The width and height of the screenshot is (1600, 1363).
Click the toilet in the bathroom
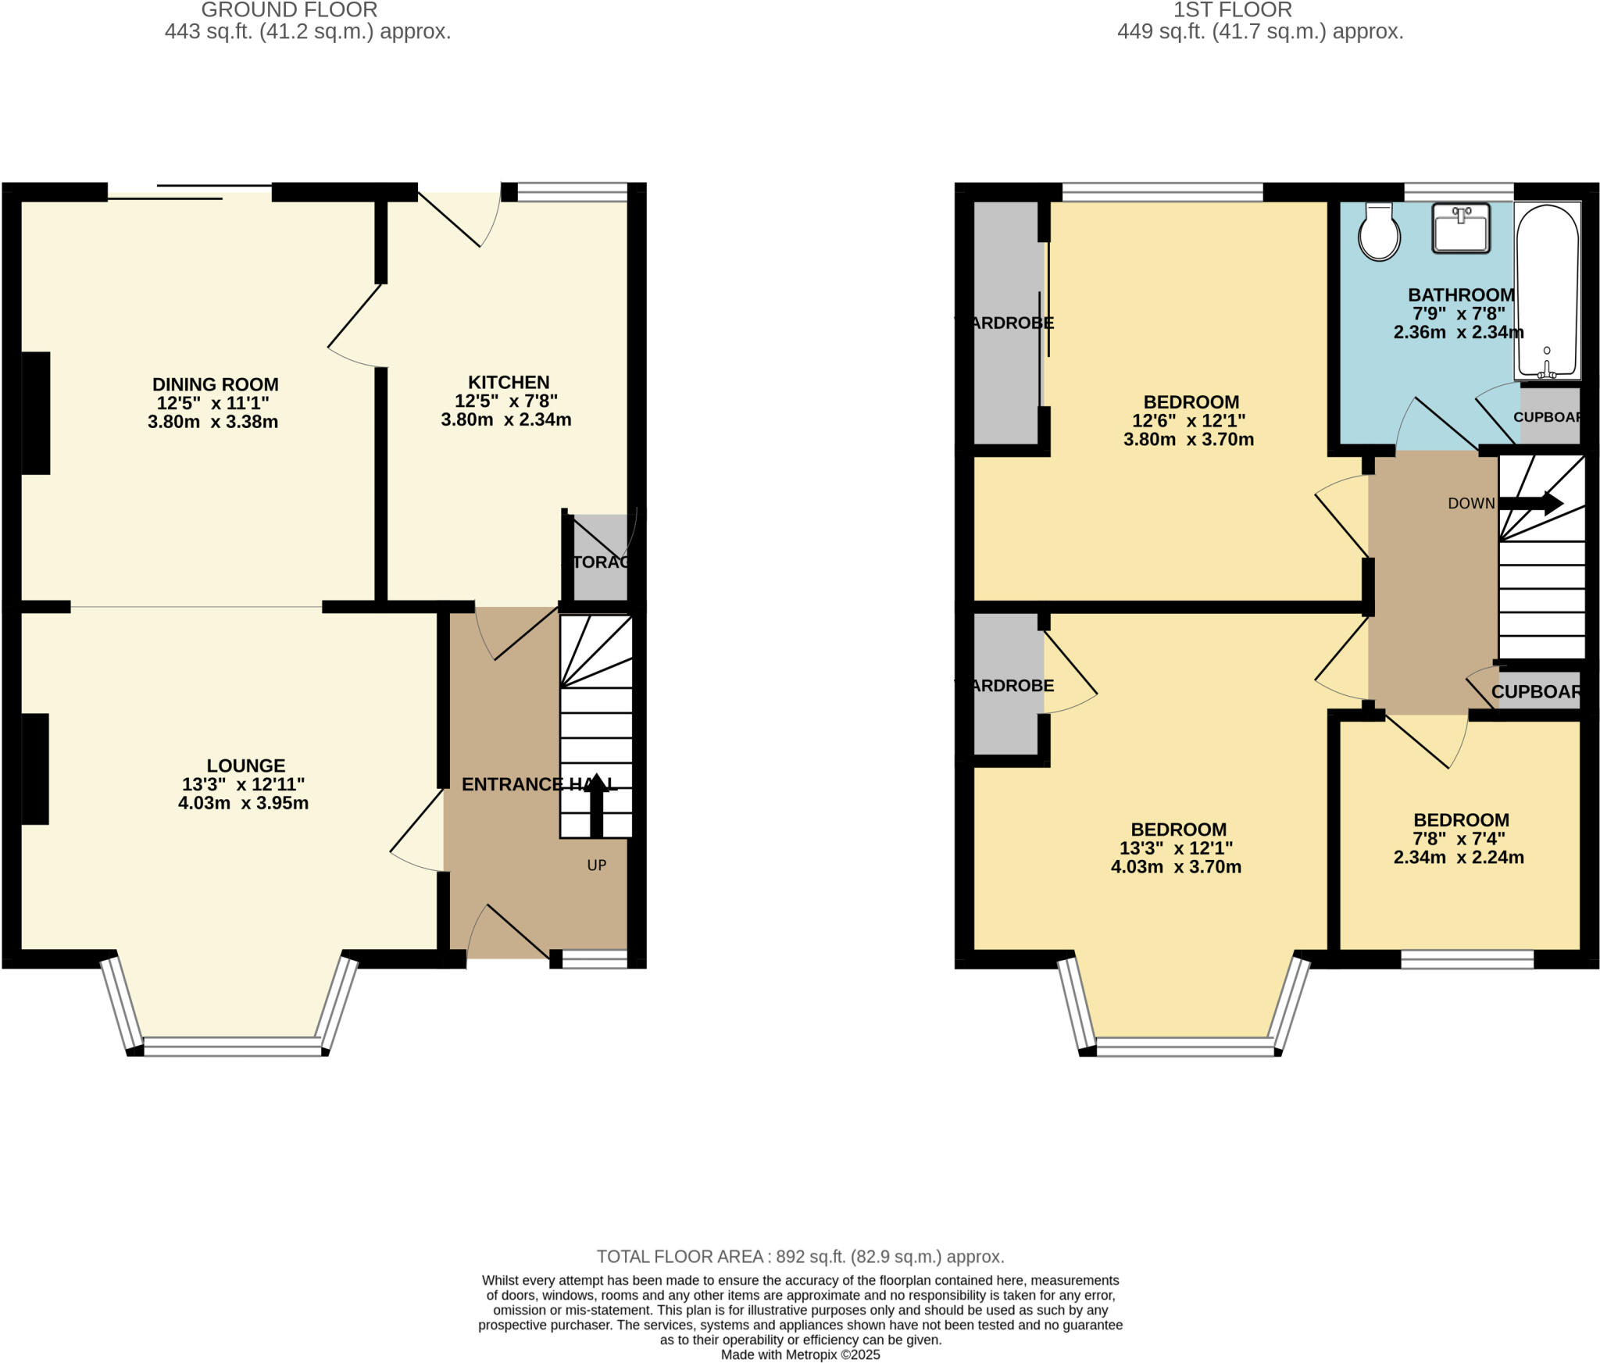(x=1378, y=232)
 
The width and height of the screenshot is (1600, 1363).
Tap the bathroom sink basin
(x=1460, y=229)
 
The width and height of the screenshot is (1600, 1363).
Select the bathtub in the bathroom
(x=1547, y=289)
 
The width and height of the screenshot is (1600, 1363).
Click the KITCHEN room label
(x=509, y=382)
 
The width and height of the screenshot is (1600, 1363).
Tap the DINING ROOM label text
(x=215, y=384)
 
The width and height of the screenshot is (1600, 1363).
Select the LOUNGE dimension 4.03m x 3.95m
(x=243, y=803)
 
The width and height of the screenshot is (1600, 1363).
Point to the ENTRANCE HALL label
(x=539, y=784)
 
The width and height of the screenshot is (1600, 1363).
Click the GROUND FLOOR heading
(x=289, y=10)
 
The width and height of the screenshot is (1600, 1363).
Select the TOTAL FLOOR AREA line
(x=800, y=1257)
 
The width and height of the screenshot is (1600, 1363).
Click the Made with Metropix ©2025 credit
(x=800, y=1354)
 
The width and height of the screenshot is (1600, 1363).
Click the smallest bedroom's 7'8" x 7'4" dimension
(x=1459, y=838)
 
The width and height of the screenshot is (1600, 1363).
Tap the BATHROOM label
(x=1461, y=295)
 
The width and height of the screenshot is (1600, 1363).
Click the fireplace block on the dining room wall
(x=35, y=413)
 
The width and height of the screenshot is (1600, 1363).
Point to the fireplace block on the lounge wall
(x=34, y=769)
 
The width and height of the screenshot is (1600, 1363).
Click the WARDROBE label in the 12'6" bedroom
(x=1005, y=323)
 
